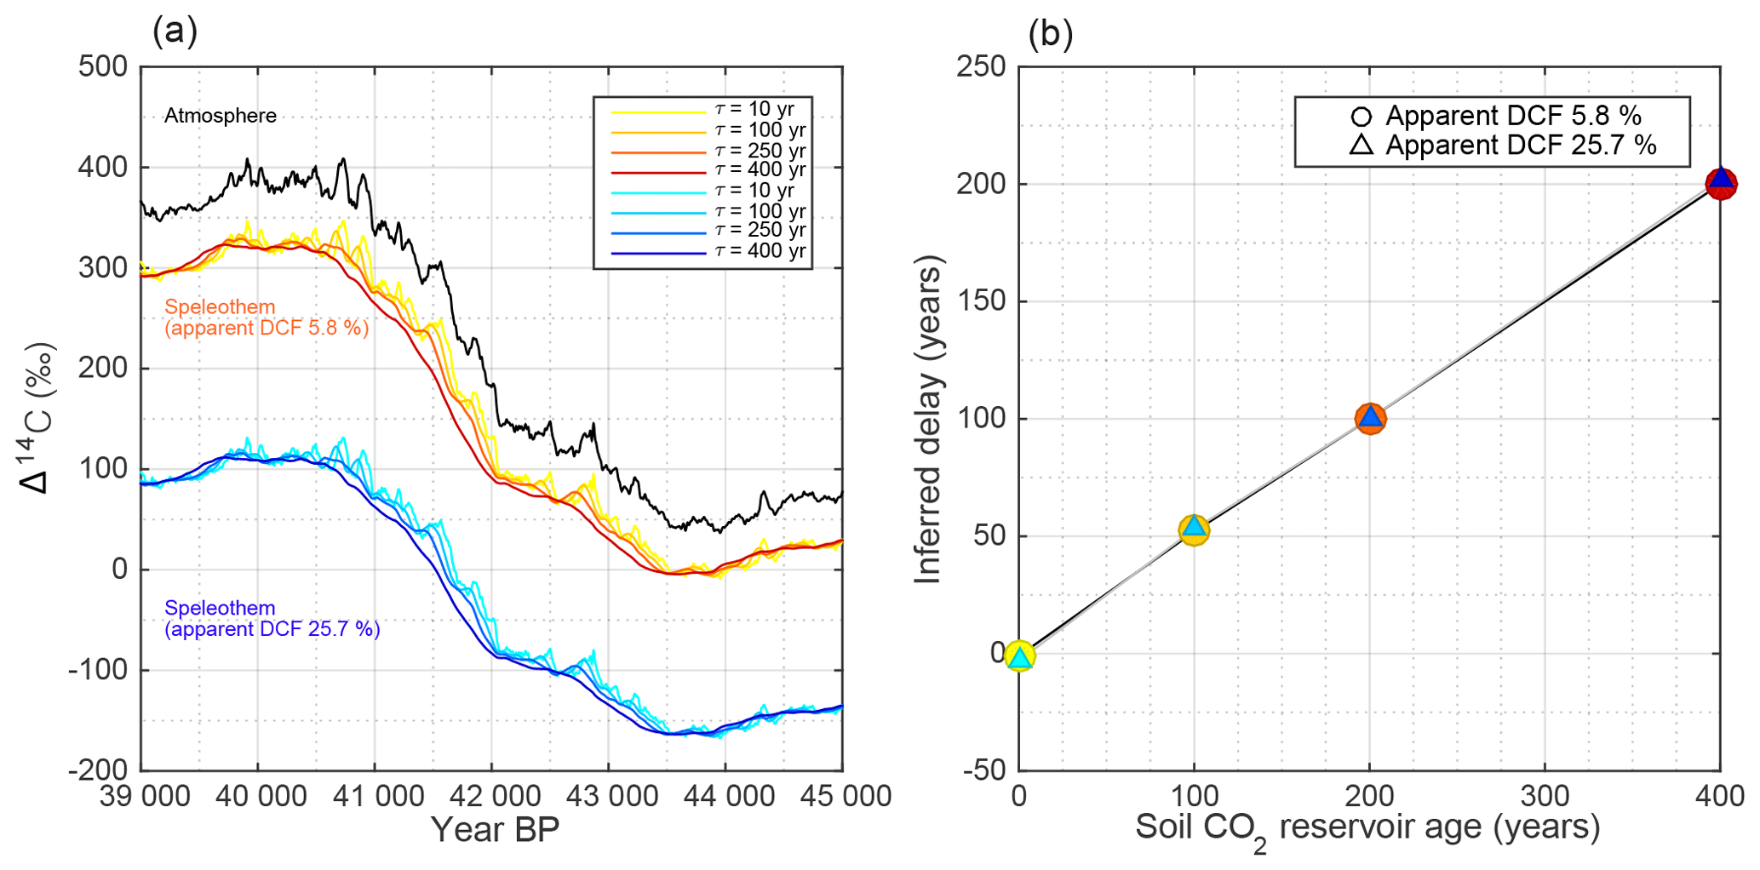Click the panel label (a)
point(175,31)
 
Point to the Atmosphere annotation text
point(220,116)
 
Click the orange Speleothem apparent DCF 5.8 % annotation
point(267,318)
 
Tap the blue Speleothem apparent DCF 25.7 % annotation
point(272,619)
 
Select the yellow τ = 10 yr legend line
point(658,112)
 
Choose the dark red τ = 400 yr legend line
point(658,172)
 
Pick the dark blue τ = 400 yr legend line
point(658,253)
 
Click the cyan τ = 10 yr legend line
point(658,192)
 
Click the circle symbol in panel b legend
point(1361,117)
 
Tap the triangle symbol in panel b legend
point(1361,145)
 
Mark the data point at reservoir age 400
point(1721,183)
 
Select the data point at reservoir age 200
point(1370,418)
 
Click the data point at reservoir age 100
point(1194,529)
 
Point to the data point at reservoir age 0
point(1019,655)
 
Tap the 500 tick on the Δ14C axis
point(102,66)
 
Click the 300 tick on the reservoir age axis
point(1545,796)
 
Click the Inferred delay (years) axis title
point(927,419)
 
